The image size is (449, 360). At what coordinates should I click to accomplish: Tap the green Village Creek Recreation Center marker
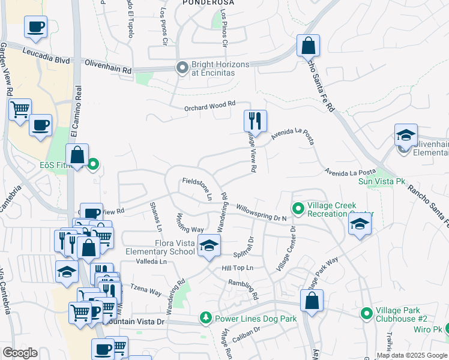pos(298,209)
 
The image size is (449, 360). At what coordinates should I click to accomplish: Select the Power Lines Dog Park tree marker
pos(206,316)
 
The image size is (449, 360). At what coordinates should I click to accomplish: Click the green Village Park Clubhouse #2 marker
pos(366,313)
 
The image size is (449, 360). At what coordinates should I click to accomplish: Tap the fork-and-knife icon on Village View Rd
pos(255,121)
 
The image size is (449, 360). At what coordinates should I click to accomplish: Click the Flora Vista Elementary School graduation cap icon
pos(209,246)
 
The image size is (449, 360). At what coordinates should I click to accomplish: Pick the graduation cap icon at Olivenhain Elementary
pos(406,136)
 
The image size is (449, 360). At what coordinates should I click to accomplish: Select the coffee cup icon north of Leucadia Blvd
pos(35,27)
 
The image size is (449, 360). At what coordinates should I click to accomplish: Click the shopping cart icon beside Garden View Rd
pos(20,110)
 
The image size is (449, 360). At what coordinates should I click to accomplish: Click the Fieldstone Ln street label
pos(197,188)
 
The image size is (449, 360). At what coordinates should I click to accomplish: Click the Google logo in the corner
pos(20,353)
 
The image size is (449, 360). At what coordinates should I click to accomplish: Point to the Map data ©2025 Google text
pos(412,355)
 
